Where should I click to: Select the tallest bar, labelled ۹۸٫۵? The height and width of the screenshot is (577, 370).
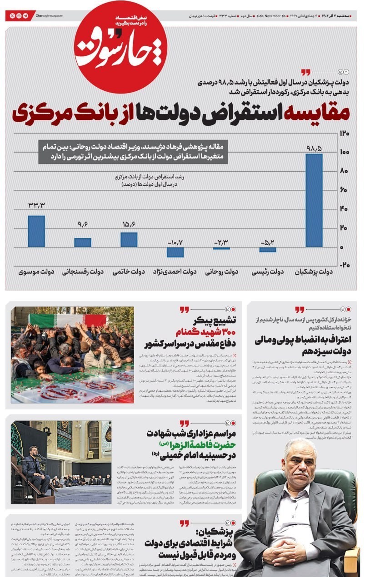coord(314,200)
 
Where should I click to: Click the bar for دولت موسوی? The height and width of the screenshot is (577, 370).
coord(36,231)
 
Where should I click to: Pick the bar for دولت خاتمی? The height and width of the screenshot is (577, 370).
coord(129,240)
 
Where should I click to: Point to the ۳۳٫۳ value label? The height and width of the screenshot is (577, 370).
coord(36,205)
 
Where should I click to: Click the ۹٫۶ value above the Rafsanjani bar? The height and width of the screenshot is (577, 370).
coord(82,224)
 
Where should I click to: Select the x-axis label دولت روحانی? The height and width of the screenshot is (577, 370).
coord(221,272)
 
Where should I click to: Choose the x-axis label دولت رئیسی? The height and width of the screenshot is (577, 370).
coord(268,272)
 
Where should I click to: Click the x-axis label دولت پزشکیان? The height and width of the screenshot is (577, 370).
coord(314,272)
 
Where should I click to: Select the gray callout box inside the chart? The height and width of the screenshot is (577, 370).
coord(133,152)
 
